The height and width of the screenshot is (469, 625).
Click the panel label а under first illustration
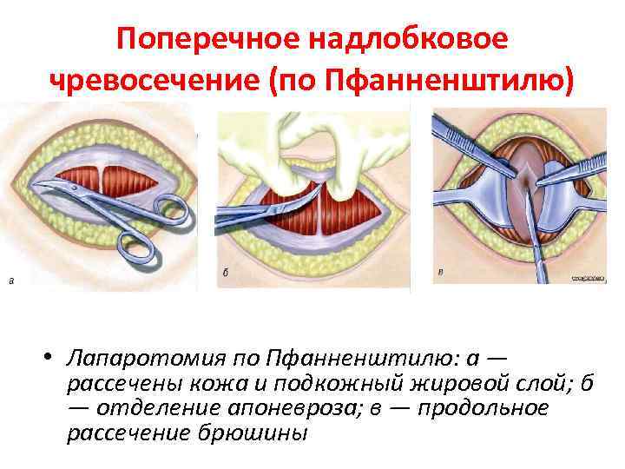(10, 280)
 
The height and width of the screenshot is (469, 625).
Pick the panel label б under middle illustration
(226, 273)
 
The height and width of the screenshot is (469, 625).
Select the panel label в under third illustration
(439, 273)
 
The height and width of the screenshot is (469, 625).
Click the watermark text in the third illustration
(588, 279)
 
